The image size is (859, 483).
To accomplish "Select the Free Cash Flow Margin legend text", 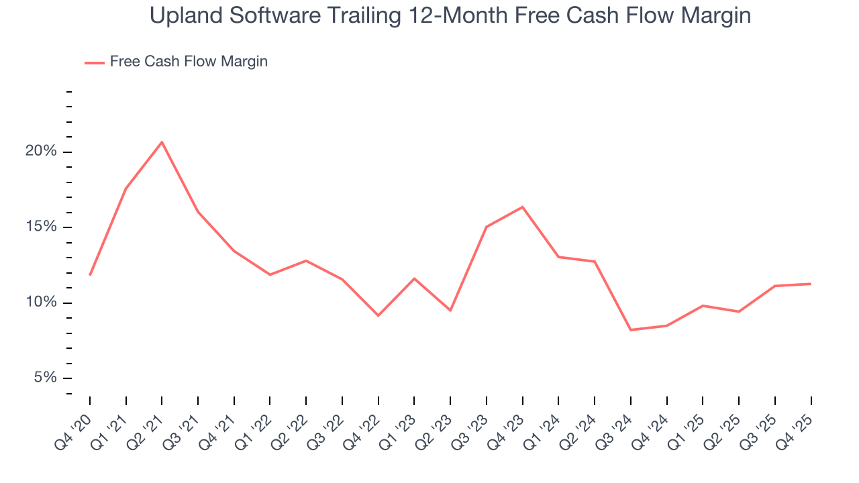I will (189, 62).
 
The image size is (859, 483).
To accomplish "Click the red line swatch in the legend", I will (95, 62).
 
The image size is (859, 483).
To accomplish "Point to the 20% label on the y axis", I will (41, 152).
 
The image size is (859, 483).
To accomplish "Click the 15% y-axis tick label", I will (41, 227).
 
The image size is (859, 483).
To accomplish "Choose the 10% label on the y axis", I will (41, 303).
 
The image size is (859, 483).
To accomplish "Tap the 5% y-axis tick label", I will (46, 378).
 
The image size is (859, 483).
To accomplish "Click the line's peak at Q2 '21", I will (162, 142).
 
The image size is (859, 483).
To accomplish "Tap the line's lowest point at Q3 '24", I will (631, 330).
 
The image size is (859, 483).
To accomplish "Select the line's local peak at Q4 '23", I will (522, 207).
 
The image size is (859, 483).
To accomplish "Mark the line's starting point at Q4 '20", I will (90, 275).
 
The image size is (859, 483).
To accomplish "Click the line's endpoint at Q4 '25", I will (811, 284).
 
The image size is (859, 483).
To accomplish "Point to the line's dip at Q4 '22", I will (378, 315).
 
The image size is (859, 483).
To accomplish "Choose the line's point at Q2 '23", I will (450, 311).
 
